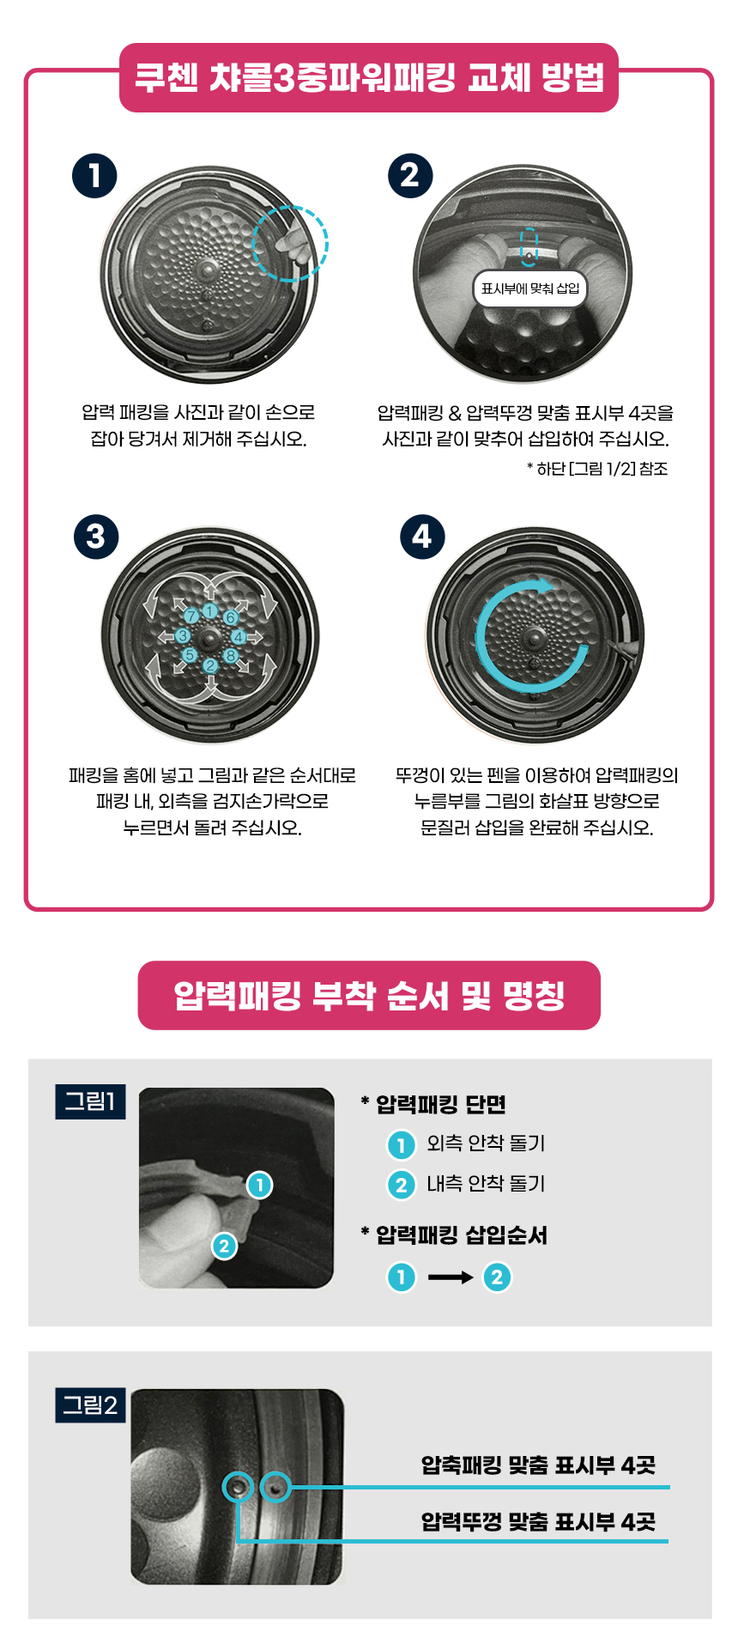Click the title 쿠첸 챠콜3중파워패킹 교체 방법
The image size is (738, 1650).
click(369, 78)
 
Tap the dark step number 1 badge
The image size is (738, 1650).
click(94, 176)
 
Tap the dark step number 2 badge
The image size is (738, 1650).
click(410, 176)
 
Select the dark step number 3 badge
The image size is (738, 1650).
click(96, 537)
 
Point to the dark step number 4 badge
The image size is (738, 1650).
click(422, 537)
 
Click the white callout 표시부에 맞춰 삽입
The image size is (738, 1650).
click(530, 288)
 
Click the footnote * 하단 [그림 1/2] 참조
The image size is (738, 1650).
click(597, 469)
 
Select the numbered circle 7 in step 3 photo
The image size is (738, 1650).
click(191, 615)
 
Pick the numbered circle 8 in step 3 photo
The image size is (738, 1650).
click(231, 656)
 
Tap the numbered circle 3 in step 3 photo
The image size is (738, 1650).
click(182, 635)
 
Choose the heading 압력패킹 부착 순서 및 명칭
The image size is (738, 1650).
click(369, 996)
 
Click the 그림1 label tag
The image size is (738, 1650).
click(90, 1101)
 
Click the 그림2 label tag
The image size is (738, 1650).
click(90, 1405)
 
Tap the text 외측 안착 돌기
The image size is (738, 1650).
click(486, 1143)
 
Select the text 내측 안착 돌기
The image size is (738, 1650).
click(486, 1184)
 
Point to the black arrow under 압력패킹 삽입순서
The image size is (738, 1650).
click(450, 1277)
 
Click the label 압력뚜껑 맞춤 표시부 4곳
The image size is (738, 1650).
click(538, 1522)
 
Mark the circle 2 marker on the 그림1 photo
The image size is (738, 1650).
click(224, 1245)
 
